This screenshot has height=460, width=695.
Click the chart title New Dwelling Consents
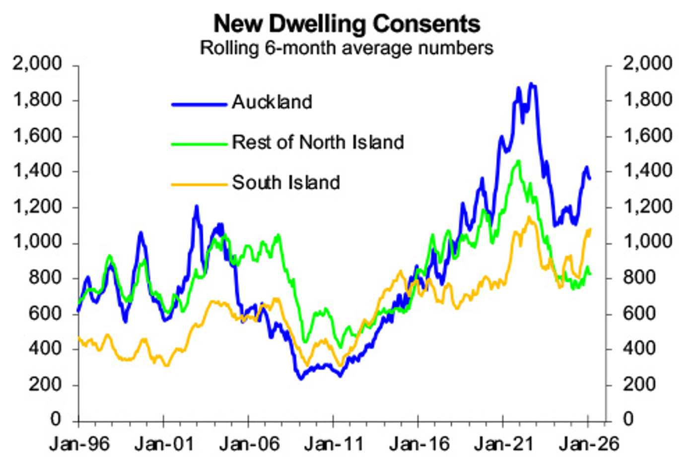(347, 23)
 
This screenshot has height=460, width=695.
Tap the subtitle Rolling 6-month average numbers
(347, 48)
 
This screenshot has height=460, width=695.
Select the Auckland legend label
(272, 102)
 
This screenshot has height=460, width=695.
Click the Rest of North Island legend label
(318, 142)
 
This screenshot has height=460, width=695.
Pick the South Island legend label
(286, 183)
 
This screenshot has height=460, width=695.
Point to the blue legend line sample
(199, 104)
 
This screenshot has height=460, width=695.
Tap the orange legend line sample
(199, 185)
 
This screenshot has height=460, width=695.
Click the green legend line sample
(199, 144)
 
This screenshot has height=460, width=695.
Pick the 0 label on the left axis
(55, 419)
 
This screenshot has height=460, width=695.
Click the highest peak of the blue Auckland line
(532, 84)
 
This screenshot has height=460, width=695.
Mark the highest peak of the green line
(519, 161)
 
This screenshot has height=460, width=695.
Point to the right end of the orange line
(590, 229)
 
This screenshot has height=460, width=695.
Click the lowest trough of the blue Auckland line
(300, 379)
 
